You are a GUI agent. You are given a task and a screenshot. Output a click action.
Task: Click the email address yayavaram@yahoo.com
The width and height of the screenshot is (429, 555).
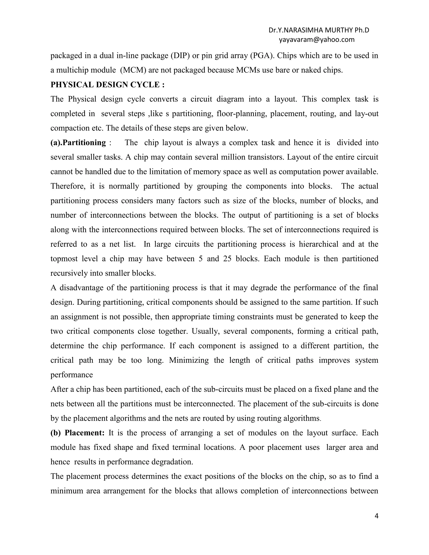pos(317,40)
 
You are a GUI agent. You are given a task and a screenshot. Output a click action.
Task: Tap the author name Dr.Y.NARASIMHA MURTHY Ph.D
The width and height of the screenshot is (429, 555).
pos(319,30)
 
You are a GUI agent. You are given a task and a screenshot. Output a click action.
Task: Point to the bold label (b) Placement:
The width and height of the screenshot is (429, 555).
pos(78,433)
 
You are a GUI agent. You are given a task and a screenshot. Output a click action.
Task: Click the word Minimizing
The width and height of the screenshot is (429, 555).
pos(189,360)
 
